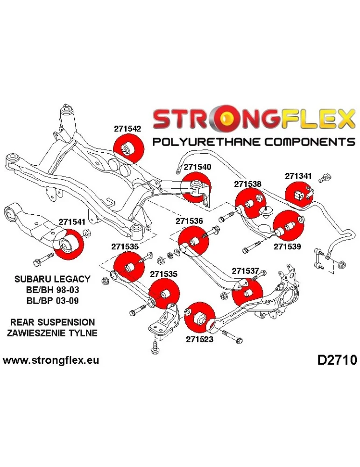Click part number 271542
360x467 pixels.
coord(127,127)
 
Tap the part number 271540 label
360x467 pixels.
coord(197,167)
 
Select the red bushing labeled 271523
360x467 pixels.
coord(199,318)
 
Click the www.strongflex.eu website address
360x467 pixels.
coord(51,361)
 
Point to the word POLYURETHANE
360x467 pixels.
coord(200,142)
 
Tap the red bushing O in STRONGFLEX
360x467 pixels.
coord(229,120)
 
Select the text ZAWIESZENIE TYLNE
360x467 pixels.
coord(52,333)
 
